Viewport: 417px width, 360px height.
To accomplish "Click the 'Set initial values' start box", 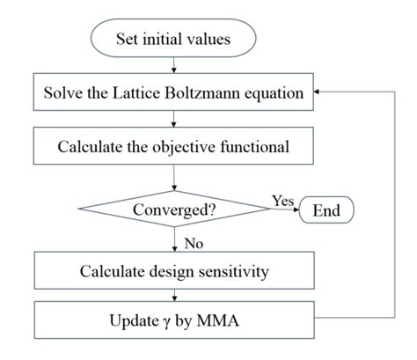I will point(173,39).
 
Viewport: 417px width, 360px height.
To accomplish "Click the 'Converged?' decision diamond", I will point(173,210).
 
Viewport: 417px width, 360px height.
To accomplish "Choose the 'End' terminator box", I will point(326,210).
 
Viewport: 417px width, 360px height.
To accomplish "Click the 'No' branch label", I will point(193,239).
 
